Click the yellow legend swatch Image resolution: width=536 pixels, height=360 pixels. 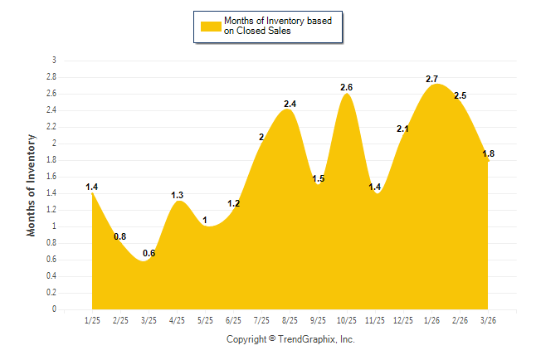coord(210,26)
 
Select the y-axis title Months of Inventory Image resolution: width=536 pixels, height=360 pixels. coord(32,185)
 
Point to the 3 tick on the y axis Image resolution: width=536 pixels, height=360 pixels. coord(54,61)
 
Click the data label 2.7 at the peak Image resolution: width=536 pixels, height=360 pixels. coord(431,79)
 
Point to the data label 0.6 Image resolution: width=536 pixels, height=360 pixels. coord(149,254)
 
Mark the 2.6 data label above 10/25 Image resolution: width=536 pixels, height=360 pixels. coord(346,87)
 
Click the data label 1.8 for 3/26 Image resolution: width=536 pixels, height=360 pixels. coord(488,153)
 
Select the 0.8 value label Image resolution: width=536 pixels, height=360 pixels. coord(120,236)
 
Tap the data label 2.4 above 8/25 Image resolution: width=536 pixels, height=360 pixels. coord(290,104)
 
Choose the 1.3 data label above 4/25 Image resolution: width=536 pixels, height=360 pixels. coord(177,195)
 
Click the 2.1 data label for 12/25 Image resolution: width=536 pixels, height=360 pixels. coord(403,129)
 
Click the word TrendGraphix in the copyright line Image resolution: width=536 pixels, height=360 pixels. coord(307,339)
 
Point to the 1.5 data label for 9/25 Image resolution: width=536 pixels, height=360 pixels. coord(318,178)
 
